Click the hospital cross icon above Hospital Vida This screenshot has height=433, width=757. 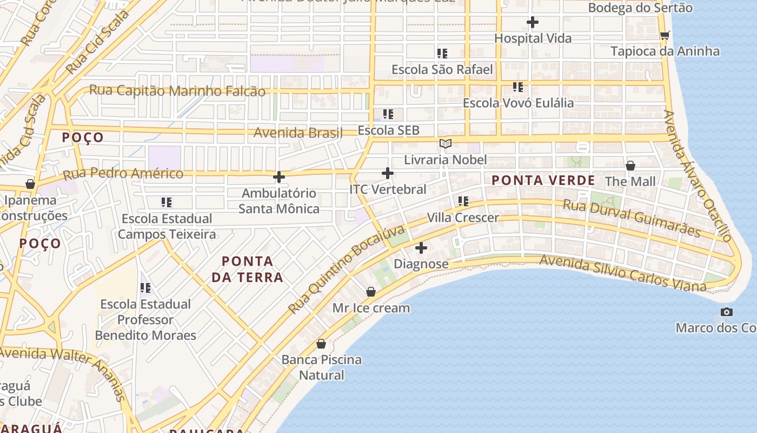533,22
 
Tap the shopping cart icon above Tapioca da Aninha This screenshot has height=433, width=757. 665,36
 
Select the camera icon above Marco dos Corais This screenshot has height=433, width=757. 727,312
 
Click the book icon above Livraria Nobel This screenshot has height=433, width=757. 446,143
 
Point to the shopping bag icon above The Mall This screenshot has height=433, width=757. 630,166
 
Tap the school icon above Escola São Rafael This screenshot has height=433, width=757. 442,54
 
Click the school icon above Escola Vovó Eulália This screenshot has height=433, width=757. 518,87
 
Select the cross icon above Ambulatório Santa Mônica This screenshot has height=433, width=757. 279,177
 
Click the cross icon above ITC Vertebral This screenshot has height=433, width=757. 388,173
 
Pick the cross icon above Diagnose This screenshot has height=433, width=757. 421,248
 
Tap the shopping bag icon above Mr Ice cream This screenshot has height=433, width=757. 371,292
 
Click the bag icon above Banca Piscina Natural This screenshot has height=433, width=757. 321,344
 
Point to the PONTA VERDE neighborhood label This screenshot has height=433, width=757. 543,180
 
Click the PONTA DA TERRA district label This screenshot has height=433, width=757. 247,269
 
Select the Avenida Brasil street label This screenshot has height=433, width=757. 298,132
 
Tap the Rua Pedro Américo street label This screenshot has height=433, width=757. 123,174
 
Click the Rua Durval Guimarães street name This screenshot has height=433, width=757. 632,218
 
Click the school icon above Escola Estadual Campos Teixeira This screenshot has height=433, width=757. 167,202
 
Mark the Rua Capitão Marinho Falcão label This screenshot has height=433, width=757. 177,91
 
